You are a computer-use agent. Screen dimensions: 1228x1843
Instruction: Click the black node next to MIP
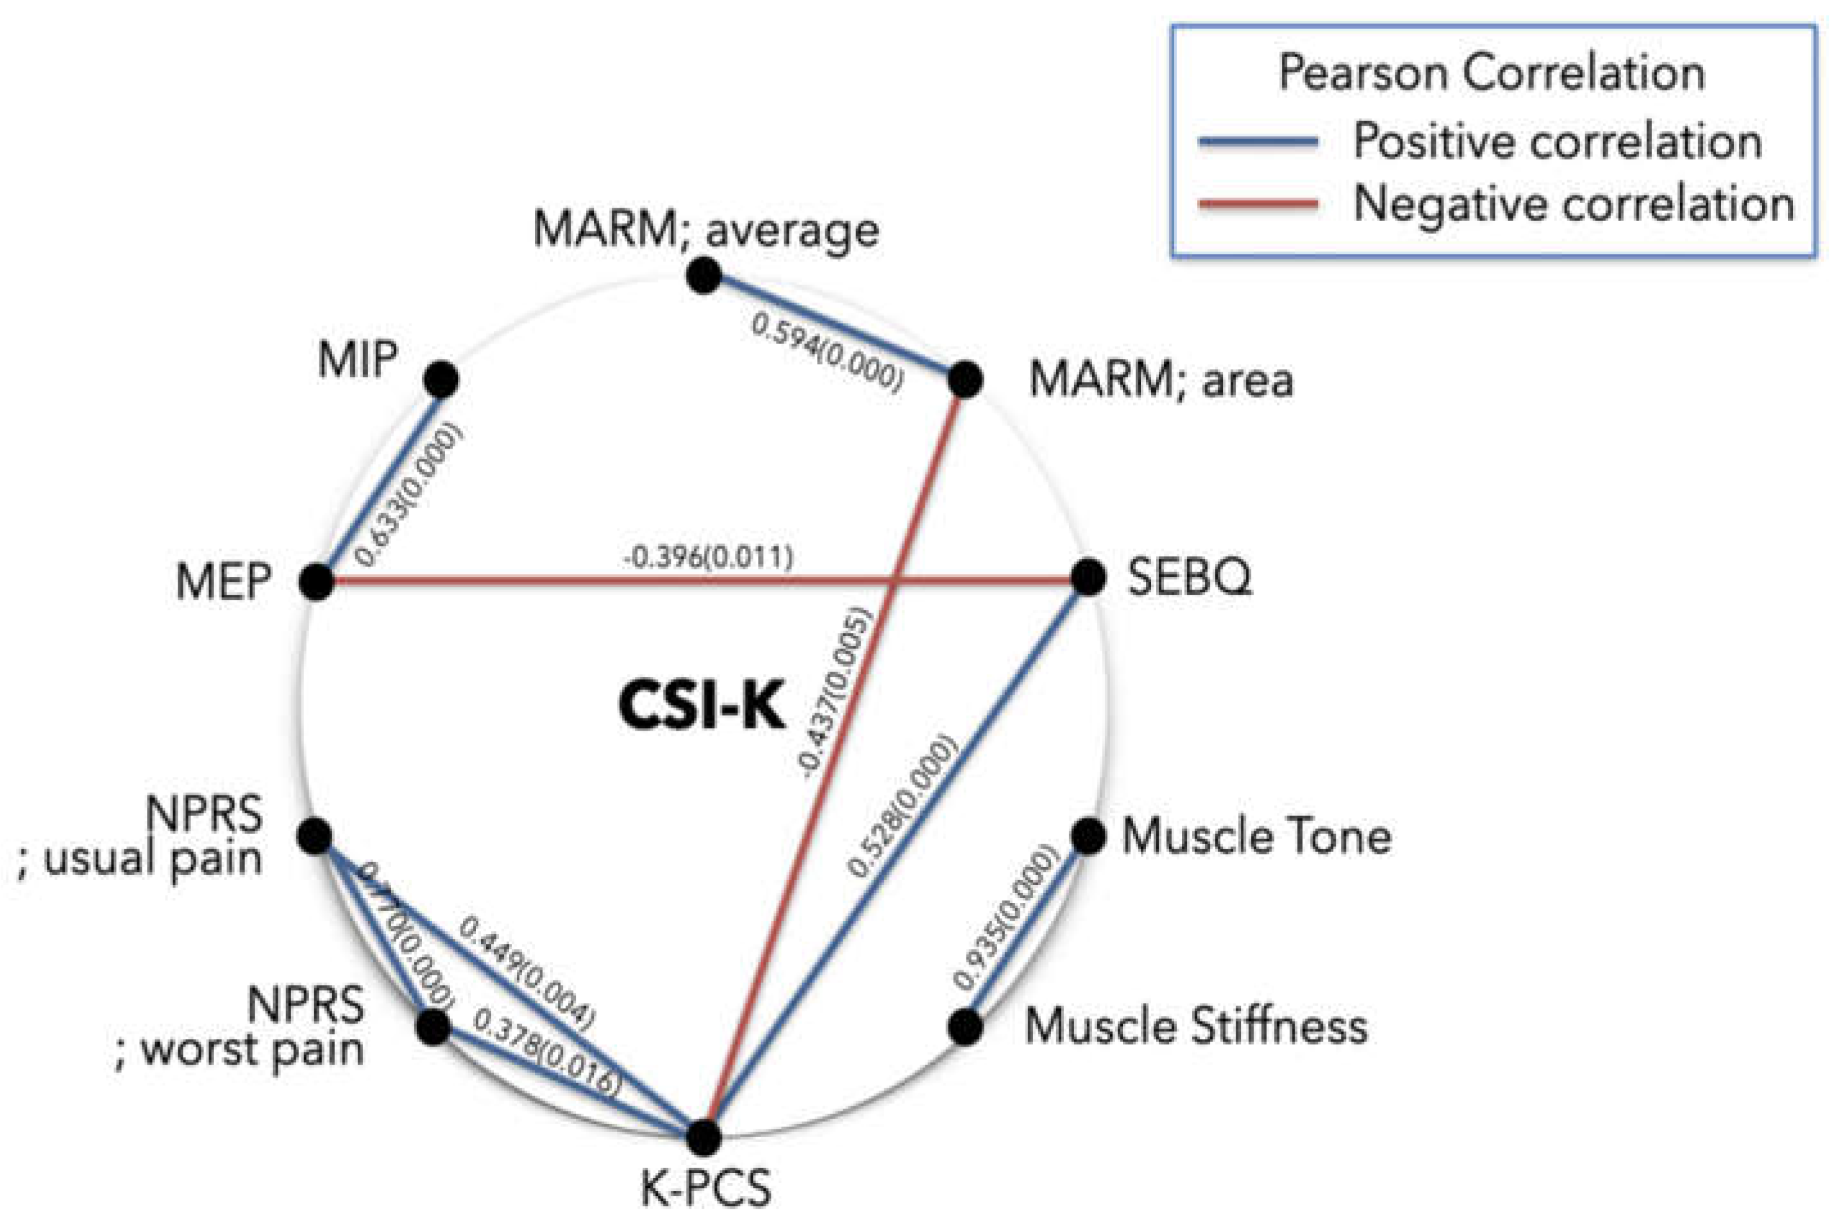441,380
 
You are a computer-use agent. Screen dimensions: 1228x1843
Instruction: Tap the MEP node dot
317,582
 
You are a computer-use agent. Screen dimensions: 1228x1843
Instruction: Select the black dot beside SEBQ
1088,578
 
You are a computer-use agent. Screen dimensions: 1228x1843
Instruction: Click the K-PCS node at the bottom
703,1137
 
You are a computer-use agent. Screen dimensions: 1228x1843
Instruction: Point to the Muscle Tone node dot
1088,836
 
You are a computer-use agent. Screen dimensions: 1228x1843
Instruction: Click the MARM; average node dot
703,276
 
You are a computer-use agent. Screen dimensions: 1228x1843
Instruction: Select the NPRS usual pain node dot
316,836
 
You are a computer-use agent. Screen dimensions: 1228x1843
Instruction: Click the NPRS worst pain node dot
433,1027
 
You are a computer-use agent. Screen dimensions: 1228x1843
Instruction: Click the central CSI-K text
702,706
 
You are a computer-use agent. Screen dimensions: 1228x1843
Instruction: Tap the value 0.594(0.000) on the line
827,351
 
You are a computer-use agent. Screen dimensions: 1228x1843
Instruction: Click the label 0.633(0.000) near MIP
408,494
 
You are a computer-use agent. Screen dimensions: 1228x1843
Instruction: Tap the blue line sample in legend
1258,142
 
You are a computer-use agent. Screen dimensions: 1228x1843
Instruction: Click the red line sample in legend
1258,204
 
